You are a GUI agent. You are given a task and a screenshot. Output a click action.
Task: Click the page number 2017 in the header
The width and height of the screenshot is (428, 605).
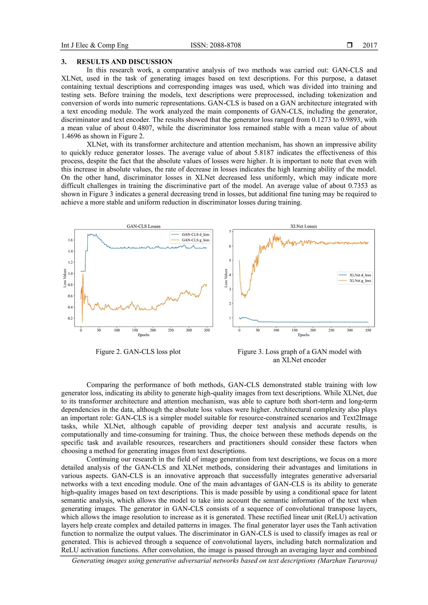pyautogui.click(x=369, y=45)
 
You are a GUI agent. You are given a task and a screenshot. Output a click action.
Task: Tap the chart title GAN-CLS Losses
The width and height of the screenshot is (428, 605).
pyautogui.click(x=143, y=226)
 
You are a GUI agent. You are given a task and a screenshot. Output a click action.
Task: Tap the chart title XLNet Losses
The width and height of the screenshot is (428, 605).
pyautogui.click(x=303, y=226)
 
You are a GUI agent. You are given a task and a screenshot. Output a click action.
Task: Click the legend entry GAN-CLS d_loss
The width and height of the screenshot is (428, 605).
pyautogui.click(x=195, y=234)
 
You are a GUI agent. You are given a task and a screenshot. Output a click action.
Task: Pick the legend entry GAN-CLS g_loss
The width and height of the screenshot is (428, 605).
pyautogui.click(x=195, y=240)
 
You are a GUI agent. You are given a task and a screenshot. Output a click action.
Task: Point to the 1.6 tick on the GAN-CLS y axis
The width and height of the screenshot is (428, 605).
pyautogui.click(x=70, y=240)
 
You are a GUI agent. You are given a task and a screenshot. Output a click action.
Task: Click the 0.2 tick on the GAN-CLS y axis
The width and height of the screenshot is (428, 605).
pyautogui.click(x=70, y=318)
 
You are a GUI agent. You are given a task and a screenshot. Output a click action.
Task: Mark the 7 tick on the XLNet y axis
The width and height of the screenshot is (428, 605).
pyautogui.click(x=230, y=232)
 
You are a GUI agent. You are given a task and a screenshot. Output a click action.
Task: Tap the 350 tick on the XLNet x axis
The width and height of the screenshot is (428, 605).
pyautogui.click(x=368, y=330)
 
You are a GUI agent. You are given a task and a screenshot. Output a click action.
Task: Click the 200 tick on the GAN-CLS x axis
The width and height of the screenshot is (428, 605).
pyautogui.click(x=153, y=330)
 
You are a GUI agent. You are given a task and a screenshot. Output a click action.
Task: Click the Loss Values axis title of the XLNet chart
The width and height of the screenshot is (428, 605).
pyautogui.click(x=226, y=278)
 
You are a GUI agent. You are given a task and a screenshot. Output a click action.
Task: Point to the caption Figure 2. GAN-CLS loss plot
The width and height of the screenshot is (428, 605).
pyautogui.click(x=138, y=352)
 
